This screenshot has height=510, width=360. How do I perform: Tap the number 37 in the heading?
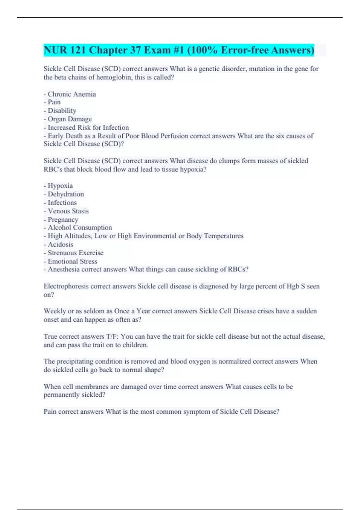pos(134,50)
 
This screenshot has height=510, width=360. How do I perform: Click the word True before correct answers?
pos(50,337)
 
